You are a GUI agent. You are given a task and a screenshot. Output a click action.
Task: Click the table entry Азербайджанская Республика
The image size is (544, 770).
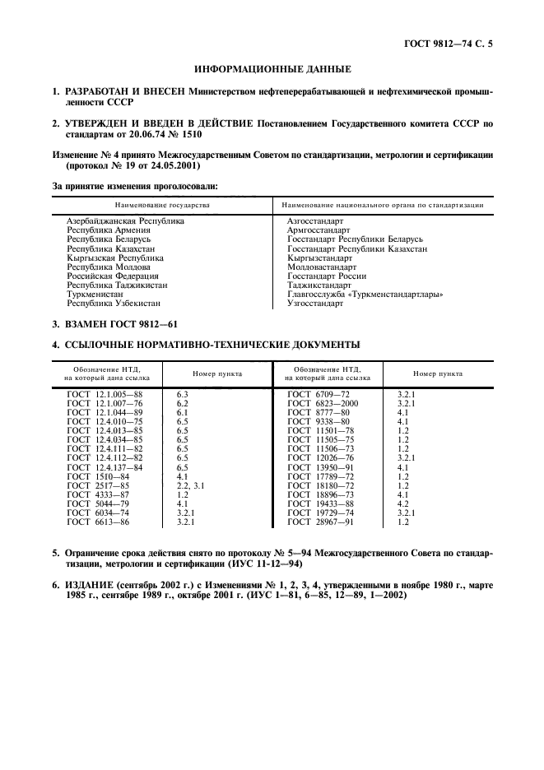(x=125, y=221)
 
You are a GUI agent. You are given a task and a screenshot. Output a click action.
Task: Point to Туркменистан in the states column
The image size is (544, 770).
(x=97, y=294)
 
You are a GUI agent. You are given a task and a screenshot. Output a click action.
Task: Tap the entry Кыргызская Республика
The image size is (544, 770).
(x=115, y=257)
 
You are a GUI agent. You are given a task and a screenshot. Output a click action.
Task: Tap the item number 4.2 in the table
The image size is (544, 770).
(x=403, y=503)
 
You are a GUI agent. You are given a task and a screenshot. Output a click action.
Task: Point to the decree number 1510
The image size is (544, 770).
(x=186, y=133)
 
